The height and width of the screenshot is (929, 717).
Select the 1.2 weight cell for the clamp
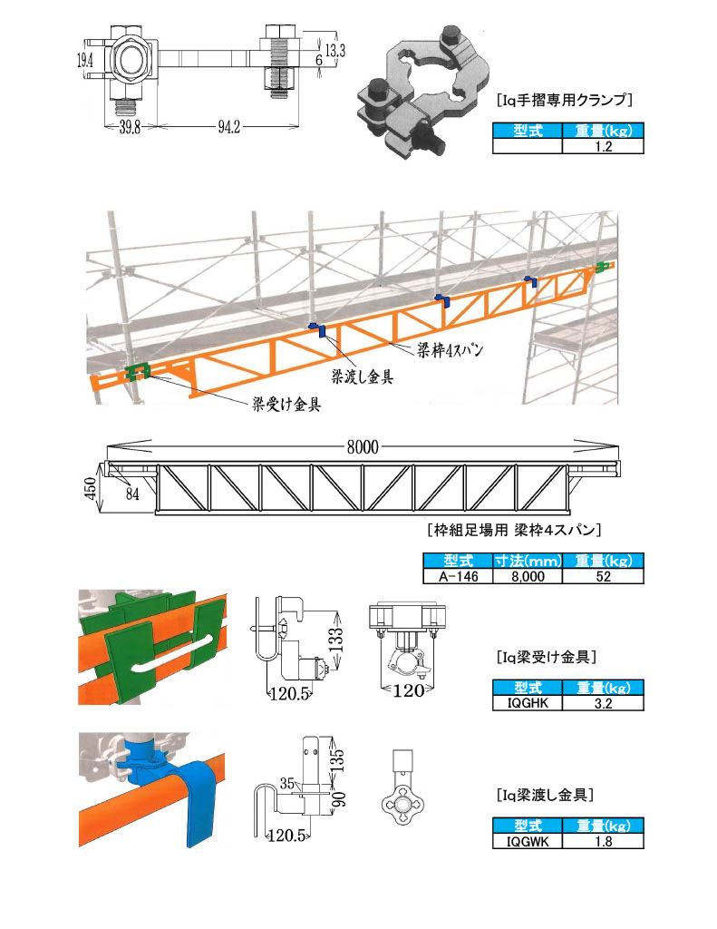603,145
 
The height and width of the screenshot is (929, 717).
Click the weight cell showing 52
603,575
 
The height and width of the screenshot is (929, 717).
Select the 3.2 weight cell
603,702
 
